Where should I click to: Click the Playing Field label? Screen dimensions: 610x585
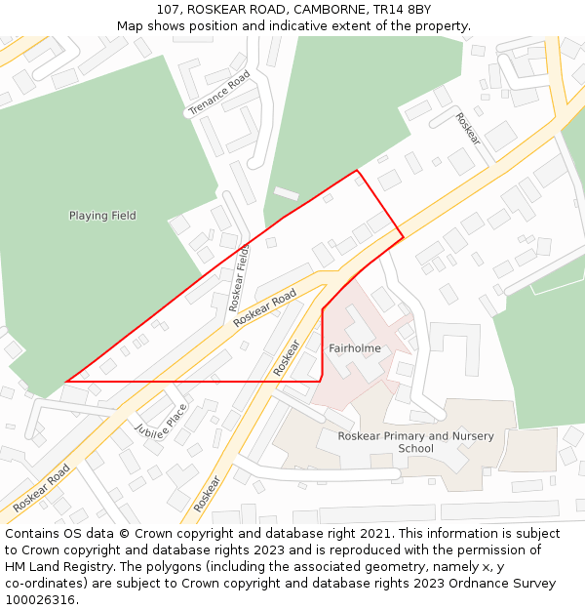(102, 216)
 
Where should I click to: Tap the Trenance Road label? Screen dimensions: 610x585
(219, 93)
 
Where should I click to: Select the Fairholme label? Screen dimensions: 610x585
(355, 348)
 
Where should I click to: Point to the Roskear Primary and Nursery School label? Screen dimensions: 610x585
(415, 442)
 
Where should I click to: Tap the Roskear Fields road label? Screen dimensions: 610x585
(240, 278)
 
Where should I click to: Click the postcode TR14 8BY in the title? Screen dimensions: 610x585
(402, 9)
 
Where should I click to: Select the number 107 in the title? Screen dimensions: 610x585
(168, 9)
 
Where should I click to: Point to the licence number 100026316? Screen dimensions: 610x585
(40, 600)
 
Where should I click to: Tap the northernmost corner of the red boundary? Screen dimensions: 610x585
(357, 171)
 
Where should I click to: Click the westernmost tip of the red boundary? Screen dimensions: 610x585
(66, 382)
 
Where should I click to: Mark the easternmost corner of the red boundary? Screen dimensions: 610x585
(403, 235)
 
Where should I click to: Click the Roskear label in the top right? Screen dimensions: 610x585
(468, 128)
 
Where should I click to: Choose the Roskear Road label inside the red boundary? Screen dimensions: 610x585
(264, 306)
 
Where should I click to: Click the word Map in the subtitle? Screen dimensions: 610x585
(130, 25)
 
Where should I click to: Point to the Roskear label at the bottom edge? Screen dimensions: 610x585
(207, 493)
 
